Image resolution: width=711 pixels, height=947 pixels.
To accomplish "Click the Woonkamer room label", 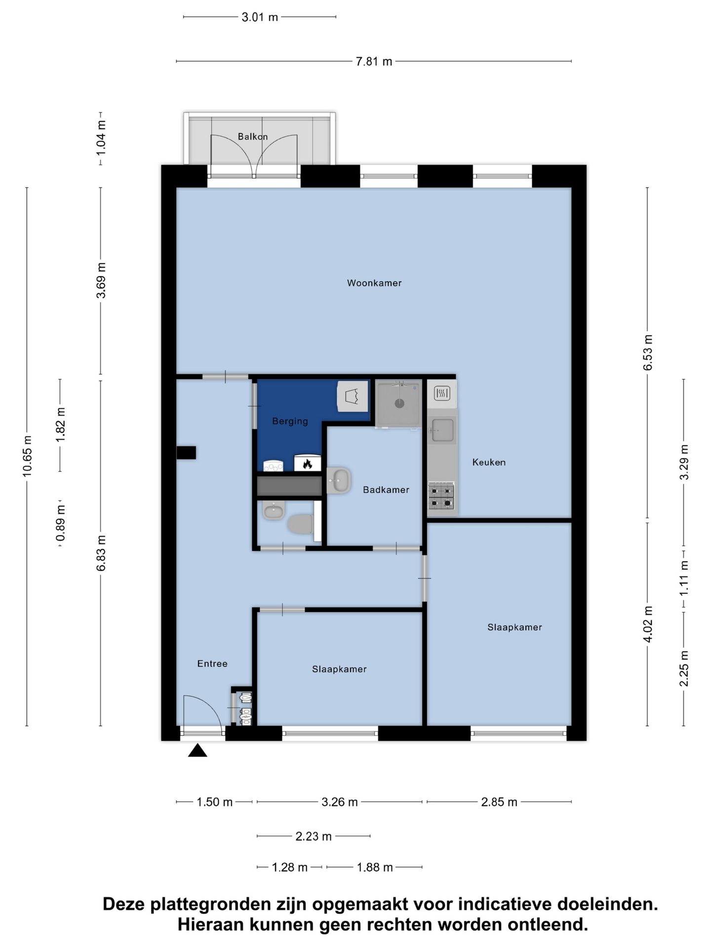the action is click(374, 283).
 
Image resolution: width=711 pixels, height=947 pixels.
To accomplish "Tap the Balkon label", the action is click(253, 137).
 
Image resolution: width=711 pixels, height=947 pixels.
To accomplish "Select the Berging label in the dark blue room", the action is click(290, 421).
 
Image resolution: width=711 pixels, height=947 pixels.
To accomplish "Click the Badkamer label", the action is click(386, 490).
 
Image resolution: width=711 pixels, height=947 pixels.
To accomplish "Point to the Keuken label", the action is click(489, 462).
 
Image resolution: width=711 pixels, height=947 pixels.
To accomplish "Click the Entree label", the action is click(212, 664).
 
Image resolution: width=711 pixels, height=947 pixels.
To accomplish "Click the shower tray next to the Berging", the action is click(399, 403).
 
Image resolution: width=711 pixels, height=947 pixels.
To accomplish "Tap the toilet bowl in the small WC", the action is click(300, 524).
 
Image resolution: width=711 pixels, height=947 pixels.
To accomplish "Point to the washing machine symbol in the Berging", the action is click(353, 396).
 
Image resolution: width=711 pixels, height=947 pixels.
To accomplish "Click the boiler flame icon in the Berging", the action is click(308, 463).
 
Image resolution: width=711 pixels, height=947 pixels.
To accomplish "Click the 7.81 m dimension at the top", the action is click(374, 62).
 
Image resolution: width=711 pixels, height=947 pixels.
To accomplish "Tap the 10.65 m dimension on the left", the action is click(27, 456).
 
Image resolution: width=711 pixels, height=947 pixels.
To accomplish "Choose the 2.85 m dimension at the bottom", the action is click(499, 802).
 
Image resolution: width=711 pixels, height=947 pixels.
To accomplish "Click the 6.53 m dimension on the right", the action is click(648, 353).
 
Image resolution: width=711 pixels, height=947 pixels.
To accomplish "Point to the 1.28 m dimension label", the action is click(290, 868).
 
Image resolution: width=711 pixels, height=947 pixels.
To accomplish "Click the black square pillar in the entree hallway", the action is click(186, 453).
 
